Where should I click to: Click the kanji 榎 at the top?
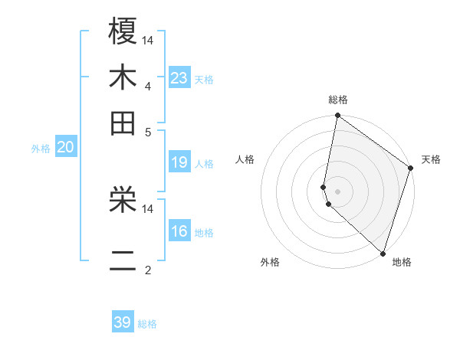coord(123,31)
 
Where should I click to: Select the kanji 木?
coord(123,77)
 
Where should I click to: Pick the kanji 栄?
coord(123,201)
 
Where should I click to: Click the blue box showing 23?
coord(179,78)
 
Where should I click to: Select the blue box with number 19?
coord(179,162)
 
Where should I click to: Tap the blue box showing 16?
coord(179,231)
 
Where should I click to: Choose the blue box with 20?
coord(65,148)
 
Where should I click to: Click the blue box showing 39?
coord(123,322)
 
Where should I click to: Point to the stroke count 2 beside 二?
coord(148,270)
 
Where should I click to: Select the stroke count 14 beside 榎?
coord(148,39)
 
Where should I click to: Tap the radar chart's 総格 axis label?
coord(338,100)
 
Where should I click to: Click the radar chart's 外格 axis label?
coord(270,262)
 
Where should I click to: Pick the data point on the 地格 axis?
coord(383,253)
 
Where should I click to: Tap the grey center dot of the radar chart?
coord(338,191)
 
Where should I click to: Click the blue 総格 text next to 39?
coord(147,324)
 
